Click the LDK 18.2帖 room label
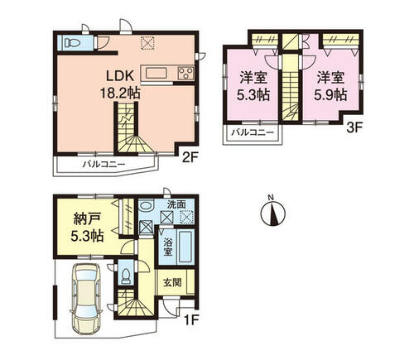120,84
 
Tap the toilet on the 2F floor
72,43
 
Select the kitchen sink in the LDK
156,74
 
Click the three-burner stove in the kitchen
185,73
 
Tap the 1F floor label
189,320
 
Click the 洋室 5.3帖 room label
253,86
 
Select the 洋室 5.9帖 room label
330,86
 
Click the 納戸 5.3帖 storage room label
87,228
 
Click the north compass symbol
273,211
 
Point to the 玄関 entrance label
172,282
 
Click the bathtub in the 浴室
185,247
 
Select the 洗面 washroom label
176,204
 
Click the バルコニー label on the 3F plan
253,132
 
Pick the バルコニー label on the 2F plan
104,165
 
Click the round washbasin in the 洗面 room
146,205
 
